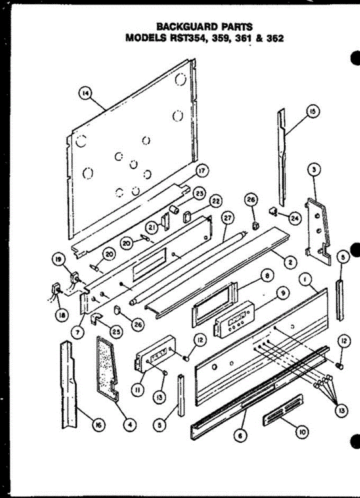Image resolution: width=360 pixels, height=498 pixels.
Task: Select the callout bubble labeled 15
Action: pyautogui.click(x=312, y=111)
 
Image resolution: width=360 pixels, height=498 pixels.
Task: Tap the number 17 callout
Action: pyautogui.click(x=201, y=171)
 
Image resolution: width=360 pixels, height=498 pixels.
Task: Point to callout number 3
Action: pyautogui.click(x=314, y=169)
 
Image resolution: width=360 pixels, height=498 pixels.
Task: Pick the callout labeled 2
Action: pyautogui.click(x=290, y=261)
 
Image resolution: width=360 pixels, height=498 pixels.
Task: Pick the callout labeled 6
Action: pyautogui.click(x=241, y=435)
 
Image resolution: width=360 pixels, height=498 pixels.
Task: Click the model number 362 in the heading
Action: pyautogui.click(x=275, y=39)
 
